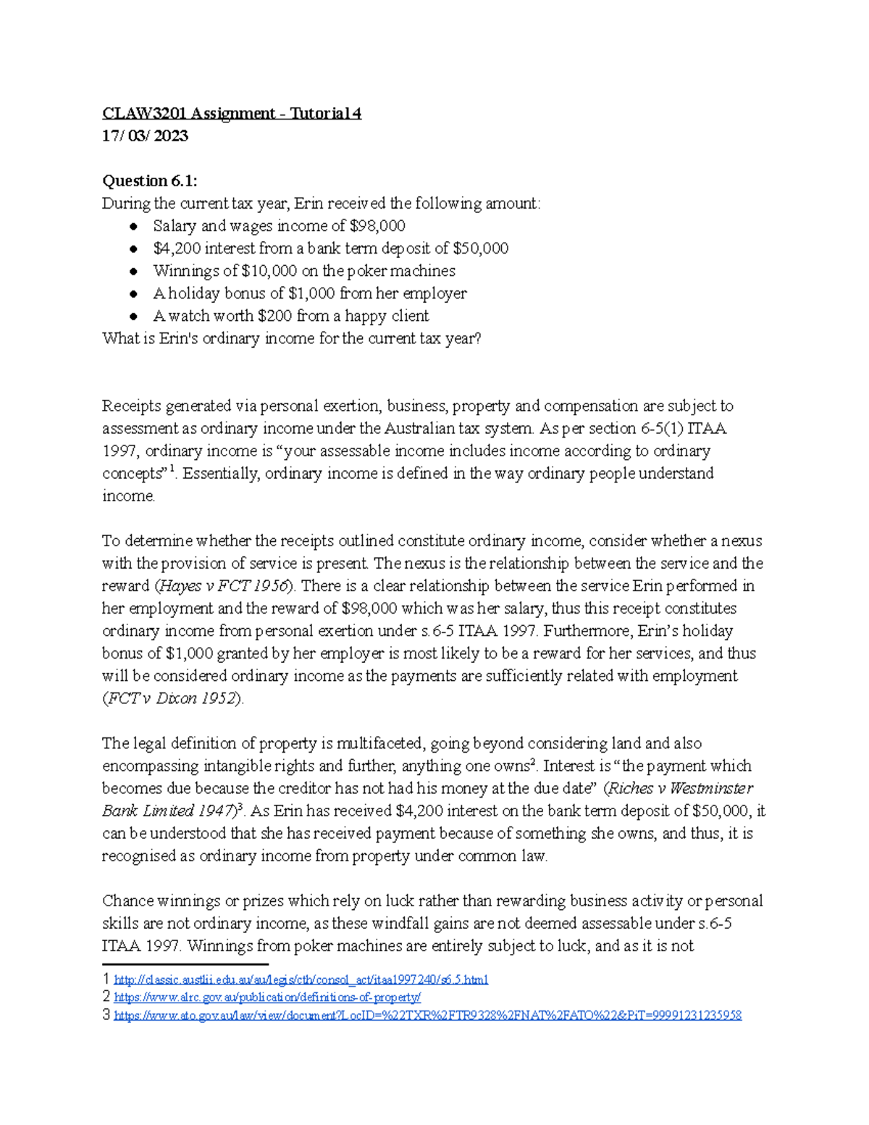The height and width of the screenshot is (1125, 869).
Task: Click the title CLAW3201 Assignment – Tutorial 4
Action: pos(231,114)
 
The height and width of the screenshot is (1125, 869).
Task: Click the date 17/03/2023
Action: pos(145,136)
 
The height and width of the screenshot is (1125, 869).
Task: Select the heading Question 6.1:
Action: pos(149,181)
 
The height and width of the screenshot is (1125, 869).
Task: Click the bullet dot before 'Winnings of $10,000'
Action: pos(134,272)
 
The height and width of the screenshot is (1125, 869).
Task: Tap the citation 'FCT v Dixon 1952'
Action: pos(172,698)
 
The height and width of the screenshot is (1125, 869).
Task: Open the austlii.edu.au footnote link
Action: pos(301,980)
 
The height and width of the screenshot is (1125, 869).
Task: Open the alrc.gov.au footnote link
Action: pos(267,998)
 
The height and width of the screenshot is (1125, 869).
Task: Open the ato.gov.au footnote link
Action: pos(427,1016)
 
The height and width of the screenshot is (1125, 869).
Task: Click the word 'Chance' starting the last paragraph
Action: pos(127,901)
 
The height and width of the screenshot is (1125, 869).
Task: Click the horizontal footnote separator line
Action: pos(185,964)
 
